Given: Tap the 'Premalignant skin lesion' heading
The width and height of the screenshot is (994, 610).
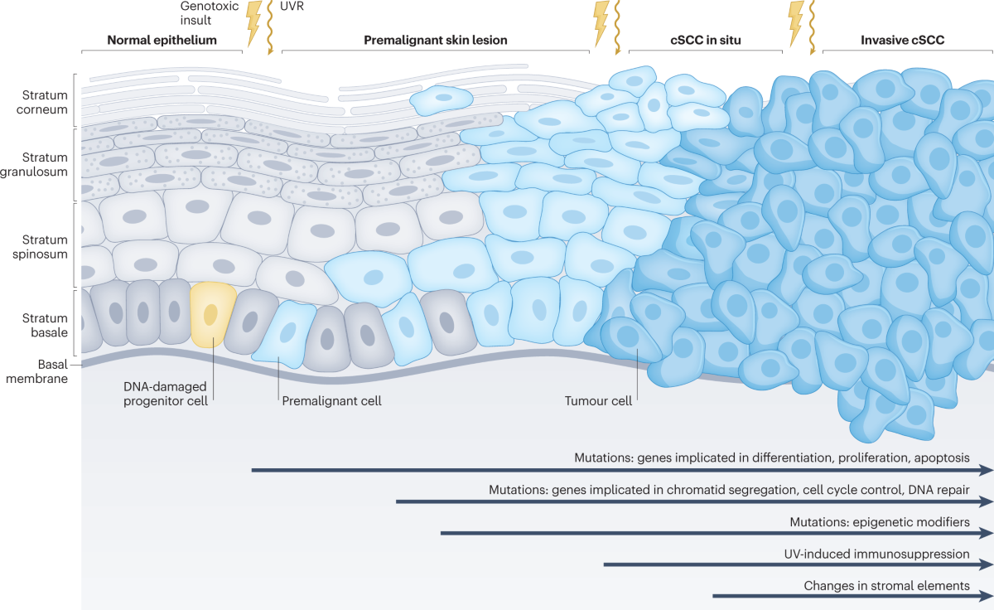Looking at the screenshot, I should pos(436,40).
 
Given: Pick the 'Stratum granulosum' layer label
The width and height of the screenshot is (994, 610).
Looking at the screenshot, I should pos(45,164).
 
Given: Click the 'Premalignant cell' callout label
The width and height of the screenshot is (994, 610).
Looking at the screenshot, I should pos(331,401).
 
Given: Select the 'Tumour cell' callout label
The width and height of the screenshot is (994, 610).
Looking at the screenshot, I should pos(598,401).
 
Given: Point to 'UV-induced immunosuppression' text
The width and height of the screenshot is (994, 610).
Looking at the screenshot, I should pos(876,554).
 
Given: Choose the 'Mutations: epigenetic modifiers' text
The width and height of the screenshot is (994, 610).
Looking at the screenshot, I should pos(879,522).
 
